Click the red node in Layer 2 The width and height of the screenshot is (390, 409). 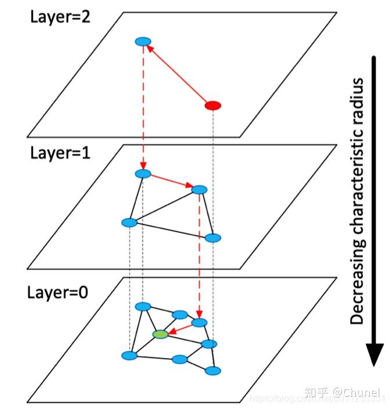[214, 106]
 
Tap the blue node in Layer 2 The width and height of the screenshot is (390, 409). [143, 42]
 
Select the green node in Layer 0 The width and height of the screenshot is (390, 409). [160, 334]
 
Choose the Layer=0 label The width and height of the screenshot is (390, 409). [57, 291]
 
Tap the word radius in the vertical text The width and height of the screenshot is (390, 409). [358, 102]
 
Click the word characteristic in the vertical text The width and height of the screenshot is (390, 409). [358, 186]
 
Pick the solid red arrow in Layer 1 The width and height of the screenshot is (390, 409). [172, 181]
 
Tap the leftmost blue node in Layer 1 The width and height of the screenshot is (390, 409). [129, 223]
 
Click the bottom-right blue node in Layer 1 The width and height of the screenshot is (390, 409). [214, 238]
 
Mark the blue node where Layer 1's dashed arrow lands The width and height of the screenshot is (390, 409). [200, 323]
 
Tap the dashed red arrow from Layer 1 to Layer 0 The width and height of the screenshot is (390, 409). [200, 255]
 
